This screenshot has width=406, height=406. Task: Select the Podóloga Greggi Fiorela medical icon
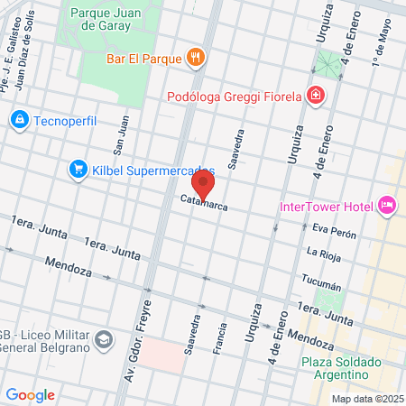tap(315, 95)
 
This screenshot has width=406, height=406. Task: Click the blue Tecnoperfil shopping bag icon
tap(19, 119)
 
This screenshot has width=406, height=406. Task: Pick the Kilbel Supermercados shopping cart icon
tap(78, 169)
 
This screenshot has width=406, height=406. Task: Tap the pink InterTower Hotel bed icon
tap(387, 206)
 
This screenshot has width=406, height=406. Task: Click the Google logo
tap(30, 394)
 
